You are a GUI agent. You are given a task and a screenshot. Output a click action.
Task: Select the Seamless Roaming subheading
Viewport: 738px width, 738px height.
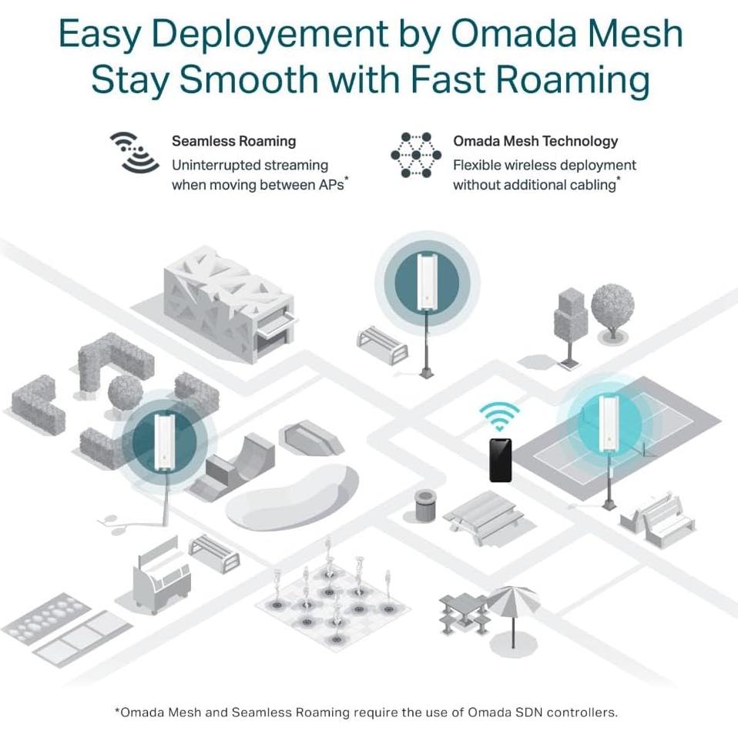coord(233,141)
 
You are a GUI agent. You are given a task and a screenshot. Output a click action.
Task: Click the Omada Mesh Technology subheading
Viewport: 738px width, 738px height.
coord(535,141)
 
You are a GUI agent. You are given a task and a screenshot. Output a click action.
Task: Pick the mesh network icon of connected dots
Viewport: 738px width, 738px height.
coord(416,155)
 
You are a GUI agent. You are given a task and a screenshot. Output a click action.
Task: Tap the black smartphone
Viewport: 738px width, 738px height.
coord(500,460)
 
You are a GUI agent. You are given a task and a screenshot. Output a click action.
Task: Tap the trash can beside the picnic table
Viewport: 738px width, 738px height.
coord(423,505)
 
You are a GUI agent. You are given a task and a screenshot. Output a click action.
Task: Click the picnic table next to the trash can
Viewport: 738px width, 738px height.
coord(481,517)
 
